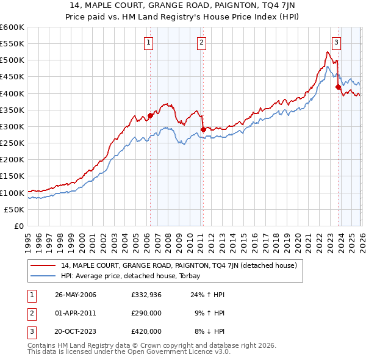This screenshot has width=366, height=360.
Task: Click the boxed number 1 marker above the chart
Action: (149, 42)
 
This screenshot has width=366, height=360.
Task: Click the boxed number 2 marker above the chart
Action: (201, 42)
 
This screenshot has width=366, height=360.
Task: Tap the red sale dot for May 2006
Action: (150, 115)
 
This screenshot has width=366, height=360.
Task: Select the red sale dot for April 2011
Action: (203, 129)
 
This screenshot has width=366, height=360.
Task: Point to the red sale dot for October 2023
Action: (338, 87)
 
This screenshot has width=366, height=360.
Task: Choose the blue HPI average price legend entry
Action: (135, 275)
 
